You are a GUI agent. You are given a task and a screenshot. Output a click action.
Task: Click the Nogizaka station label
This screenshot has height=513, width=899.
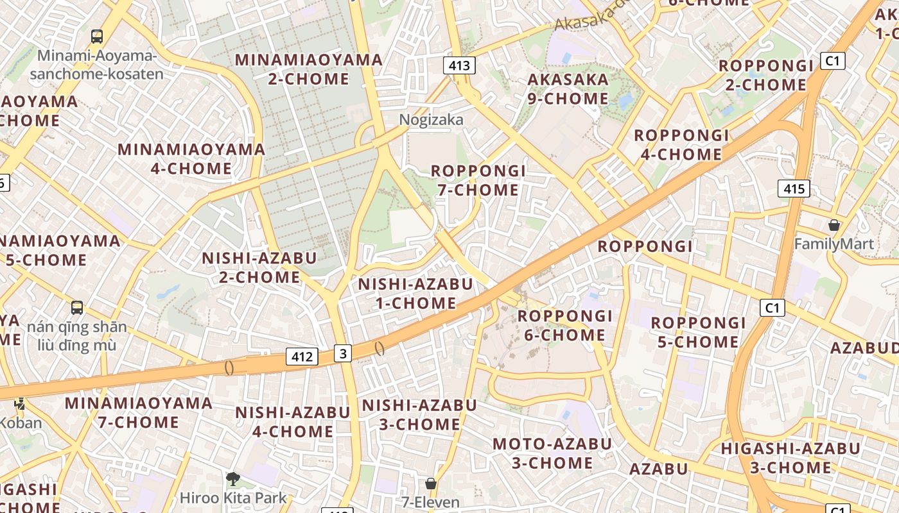[431, 120]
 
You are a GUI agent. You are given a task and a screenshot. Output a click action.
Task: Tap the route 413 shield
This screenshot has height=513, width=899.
[459, 65]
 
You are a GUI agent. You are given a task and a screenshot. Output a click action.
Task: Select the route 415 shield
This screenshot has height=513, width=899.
[794, 189]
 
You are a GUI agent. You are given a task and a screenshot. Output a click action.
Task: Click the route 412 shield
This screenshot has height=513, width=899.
[302, 357]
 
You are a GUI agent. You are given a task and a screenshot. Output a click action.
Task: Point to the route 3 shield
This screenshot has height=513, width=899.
[343, 353]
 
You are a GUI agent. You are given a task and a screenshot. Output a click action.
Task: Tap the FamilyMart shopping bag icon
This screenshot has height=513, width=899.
[834, 225]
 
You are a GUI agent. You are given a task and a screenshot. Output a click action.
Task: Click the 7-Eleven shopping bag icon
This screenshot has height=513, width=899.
[430, 483]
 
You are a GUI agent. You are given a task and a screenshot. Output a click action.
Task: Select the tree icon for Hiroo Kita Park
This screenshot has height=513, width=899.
[232, 478]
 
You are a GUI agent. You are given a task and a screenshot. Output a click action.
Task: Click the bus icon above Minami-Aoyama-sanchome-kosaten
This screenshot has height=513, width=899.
[97, 37]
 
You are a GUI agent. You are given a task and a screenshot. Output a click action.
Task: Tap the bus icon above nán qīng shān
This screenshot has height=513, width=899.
[77, 308]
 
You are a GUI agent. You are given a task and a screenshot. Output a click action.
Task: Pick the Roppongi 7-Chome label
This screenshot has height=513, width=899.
[478, 180]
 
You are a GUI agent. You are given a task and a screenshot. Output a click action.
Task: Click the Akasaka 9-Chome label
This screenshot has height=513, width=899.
[568, 89]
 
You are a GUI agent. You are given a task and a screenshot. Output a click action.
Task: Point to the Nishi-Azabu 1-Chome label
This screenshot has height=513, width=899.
[415, 293]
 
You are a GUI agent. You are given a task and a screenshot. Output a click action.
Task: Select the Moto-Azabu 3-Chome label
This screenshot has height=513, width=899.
[552, 453]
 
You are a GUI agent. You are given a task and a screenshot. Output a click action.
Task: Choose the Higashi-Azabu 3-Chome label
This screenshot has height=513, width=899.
[790, 458]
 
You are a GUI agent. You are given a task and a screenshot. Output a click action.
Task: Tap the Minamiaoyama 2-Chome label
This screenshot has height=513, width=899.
[309, 69]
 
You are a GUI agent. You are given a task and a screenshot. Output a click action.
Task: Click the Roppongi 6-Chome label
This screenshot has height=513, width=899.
[565, 325]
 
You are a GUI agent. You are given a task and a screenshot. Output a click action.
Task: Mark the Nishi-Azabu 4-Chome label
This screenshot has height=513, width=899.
[293, 421]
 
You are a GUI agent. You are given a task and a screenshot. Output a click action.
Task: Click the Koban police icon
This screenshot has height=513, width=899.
[20, 404]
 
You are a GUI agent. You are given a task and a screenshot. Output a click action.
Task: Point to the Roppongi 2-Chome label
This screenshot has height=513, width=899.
[766, 75]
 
